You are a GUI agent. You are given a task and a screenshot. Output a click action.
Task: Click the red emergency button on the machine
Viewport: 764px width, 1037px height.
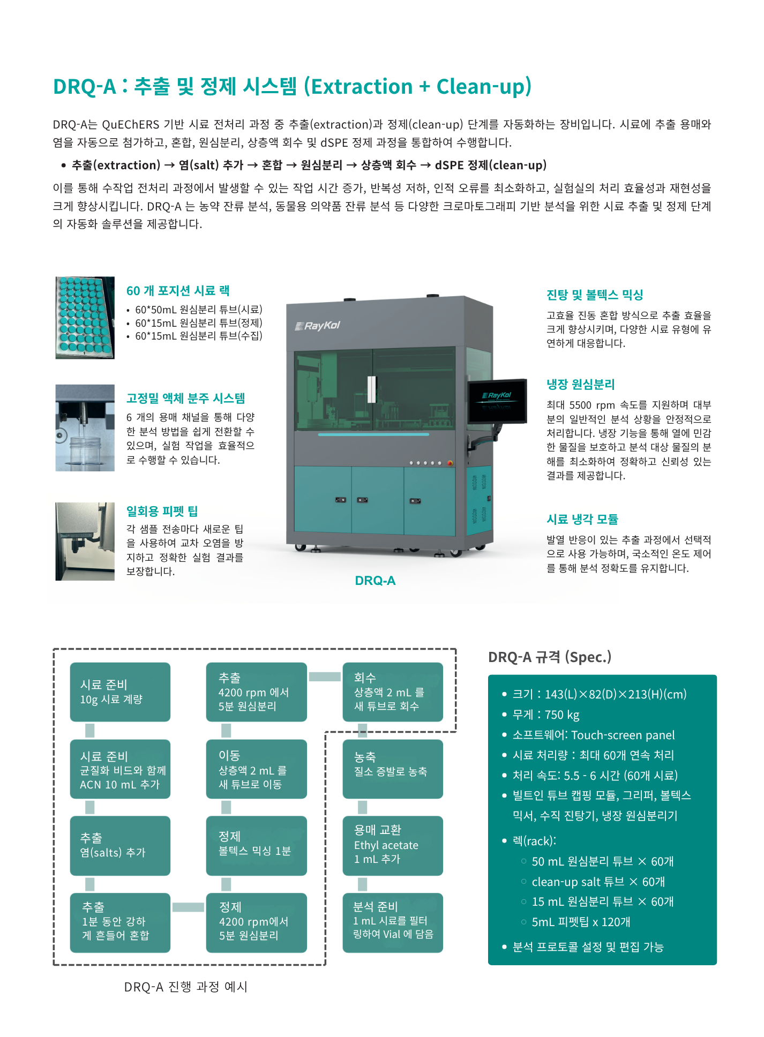pyautogui.click(x=450, y=463)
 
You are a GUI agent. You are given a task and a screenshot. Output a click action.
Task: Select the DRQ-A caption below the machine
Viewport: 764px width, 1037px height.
pyautogui.click(x=375, y=581)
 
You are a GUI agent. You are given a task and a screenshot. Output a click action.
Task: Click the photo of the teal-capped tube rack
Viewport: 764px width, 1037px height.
pyautogui.click(x=85, y=318)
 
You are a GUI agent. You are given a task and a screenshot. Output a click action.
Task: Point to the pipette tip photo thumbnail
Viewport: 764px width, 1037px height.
pyautogui.click(x=85, y=542)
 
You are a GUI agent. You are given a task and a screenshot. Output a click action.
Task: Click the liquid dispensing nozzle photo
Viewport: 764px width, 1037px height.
pyautogui.click(x=85, y=428)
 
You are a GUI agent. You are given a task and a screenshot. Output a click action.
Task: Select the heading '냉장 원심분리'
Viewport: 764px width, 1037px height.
pyautogui.click(x=580, y=385)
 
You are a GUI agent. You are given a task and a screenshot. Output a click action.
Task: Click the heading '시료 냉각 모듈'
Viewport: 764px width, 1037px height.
pyautogui.click(x=582, y=519)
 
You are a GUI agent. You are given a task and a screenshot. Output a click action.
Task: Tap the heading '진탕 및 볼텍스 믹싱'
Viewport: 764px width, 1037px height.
pyautogui.click(x=595, y=295)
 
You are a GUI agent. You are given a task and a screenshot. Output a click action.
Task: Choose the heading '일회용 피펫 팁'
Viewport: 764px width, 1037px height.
pyautogui.click(x=162, y=511)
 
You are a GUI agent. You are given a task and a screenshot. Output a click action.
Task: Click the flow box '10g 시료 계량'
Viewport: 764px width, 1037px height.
pyautogui.click(x=120, y=692)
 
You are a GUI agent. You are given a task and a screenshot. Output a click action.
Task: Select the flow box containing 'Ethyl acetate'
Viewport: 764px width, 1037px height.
pyautogui.click(x=393, y=846)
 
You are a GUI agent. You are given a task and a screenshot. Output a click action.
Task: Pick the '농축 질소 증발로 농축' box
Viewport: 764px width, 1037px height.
pyautogui.click(x=393, y=769)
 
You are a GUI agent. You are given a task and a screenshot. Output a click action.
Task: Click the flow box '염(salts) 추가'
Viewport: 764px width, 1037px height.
pyautogui.click(x=120, y=846)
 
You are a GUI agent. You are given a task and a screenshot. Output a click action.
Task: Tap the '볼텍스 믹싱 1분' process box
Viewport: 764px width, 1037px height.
pyautogui.click(x=257, y=846)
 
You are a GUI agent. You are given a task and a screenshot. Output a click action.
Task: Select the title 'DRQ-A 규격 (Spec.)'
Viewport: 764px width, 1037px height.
pyautogui.click(x=550, y=657)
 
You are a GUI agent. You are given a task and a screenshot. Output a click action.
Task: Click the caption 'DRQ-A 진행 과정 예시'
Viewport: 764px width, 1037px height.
pyautogui.click(x=186, y=987)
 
